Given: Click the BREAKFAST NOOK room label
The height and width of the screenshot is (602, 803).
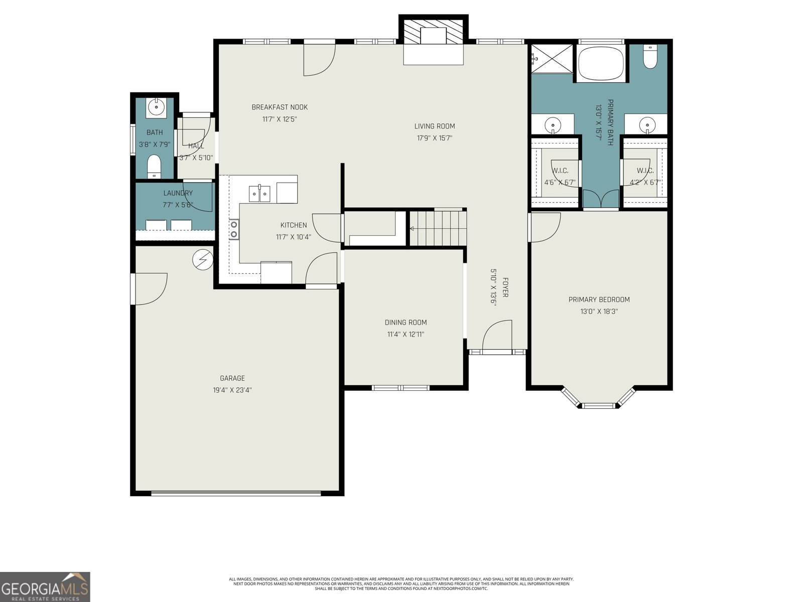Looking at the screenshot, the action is [280, 107].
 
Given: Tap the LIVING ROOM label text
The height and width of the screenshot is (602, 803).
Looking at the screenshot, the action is [435, 126].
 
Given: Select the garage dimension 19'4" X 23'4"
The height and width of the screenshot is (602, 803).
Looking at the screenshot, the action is [232, 390].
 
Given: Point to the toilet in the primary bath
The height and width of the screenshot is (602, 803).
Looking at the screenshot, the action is [650, 56].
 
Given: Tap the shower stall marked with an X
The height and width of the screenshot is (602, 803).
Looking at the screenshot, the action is [552, 59].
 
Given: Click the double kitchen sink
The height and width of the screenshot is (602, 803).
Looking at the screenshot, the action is [259, 194].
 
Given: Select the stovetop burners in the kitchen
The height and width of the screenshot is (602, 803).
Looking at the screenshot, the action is [234, 229].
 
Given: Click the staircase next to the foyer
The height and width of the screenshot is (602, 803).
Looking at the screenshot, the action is [438, 228].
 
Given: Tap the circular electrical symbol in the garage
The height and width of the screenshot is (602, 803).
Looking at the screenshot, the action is [203, 259].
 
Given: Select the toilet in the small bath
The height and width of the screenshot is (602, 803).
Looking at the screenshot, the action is [154, 167].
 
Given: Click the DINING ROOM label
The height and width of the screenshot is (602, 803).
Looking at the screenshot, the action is [406, 323].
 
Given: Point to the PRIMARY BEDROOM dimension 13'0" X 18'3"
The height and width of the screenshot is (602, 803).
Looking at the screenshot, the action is [599, 312].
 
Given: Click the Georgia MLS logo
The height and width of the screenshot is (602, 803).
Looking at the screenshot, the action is [45, 586].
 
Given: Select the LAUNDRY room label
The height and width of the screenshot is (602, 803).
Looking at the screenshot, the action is [178, 193].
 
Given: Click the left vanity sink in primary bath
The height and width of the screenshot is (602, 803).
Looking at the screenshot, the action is [553, 126].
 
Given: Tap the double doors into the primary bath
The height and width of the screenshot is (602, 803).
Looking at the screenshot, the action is [601, 200].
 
